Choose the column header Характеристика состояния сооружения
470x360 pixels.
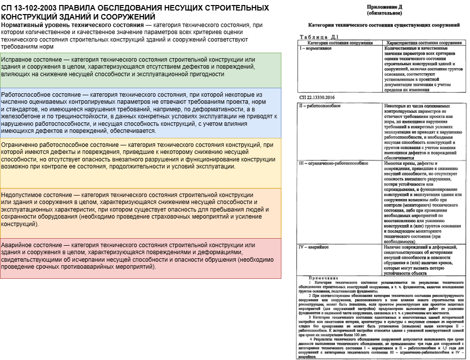pos(422,43)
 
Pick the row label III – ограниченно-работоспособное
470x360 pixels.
pos(334,163)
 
